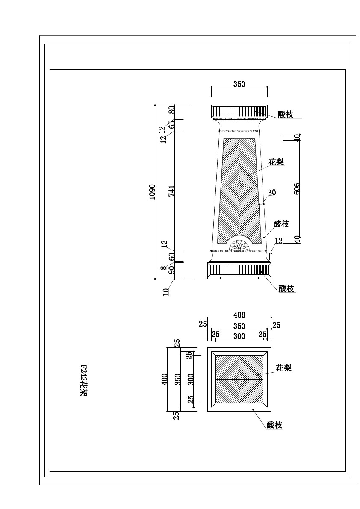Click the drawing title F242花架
coord(83,380)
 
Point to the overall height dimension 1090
coord(152,192)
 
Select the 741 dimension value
coord(171,191)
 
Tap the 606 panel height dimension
coord(296,188)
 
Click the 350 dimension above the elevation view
coord(239,84)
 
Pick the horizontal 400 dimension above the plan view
coord(239,315)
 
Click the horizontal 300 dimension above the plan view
coord(239,336)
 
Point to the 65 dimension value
coord(172,123)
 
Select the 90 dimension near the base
coord(172,269)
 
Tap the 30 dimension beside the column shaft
coord(271,192)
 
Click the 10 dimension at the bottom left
coord(166,291)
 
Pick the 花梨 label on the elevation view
coord(276,162)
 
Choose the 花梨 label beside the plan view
coord(283,368)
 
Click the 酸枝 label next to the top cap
coord(285,114)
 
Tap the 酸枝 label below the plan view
coord(274,425)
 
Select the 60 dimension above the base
coord(172,256)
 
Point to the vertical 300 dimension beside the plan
coord(191,379)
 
